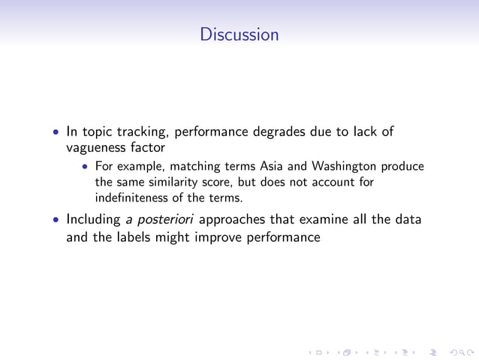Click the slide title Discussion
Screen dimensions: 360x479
coord(239,35)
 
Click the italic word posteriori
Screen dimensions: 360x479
coord(164,221)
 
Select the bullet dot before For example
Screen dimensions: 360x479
coord(86,167)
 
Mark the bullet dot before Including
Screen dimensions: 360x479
coord(57,221)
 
